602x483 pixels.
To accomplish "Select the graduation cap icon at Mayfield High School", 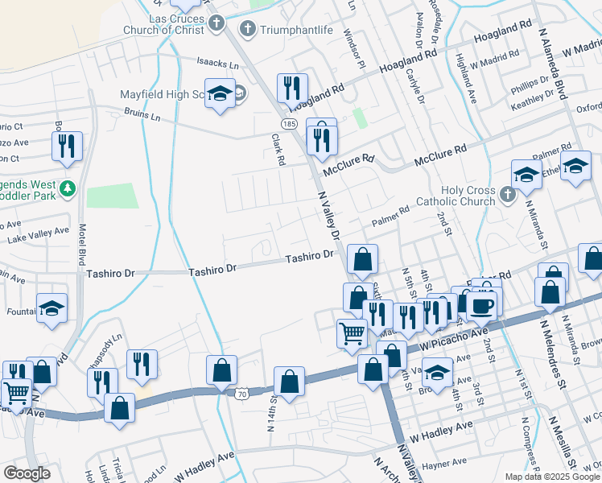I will (220, 94).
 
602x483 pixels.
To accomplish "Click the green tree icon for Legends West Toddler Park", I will (68, 188).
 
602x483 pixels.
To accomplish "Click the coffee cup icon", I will (482, 305).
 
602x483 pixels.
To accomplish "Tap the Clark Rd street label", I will (278, 150).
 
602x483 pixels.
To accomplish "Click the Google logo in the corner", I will (27, 473).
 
